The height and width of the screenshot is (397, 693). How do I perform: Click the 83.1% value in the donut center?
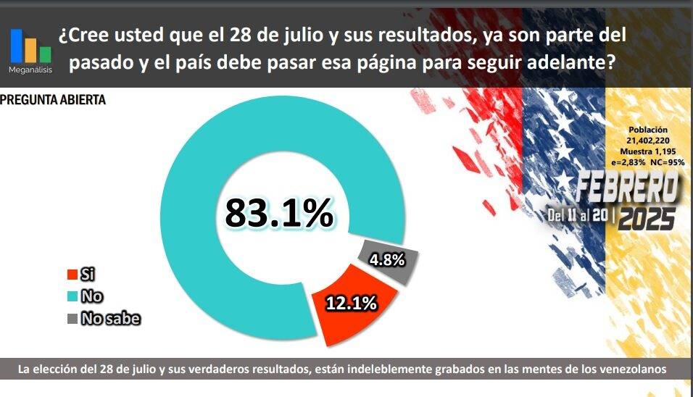[x=279, y=212]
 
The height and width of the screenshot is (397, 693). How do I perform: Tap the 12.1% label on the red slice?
[x=352, y=304]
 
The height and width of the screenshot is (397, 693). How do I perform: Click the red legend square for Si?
[x=71, y=275]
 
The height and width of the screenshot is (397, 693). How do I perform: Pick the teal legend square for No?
[x=71, y=296]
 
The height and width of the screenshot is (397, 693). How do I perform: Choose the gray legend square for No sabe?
[x=71, y=318]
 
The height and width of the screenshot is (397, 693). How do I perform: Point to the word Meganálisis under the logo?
[x=30, y=70]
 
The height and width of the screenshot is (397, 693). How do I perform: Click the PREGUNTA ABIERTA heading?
[x=53, y=100]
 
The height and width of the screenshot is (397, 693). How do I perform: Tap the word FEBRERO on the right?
[x=628, y=190]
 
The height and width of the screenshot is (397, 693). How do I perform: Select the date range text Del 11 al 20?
[x=578, y=216]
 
